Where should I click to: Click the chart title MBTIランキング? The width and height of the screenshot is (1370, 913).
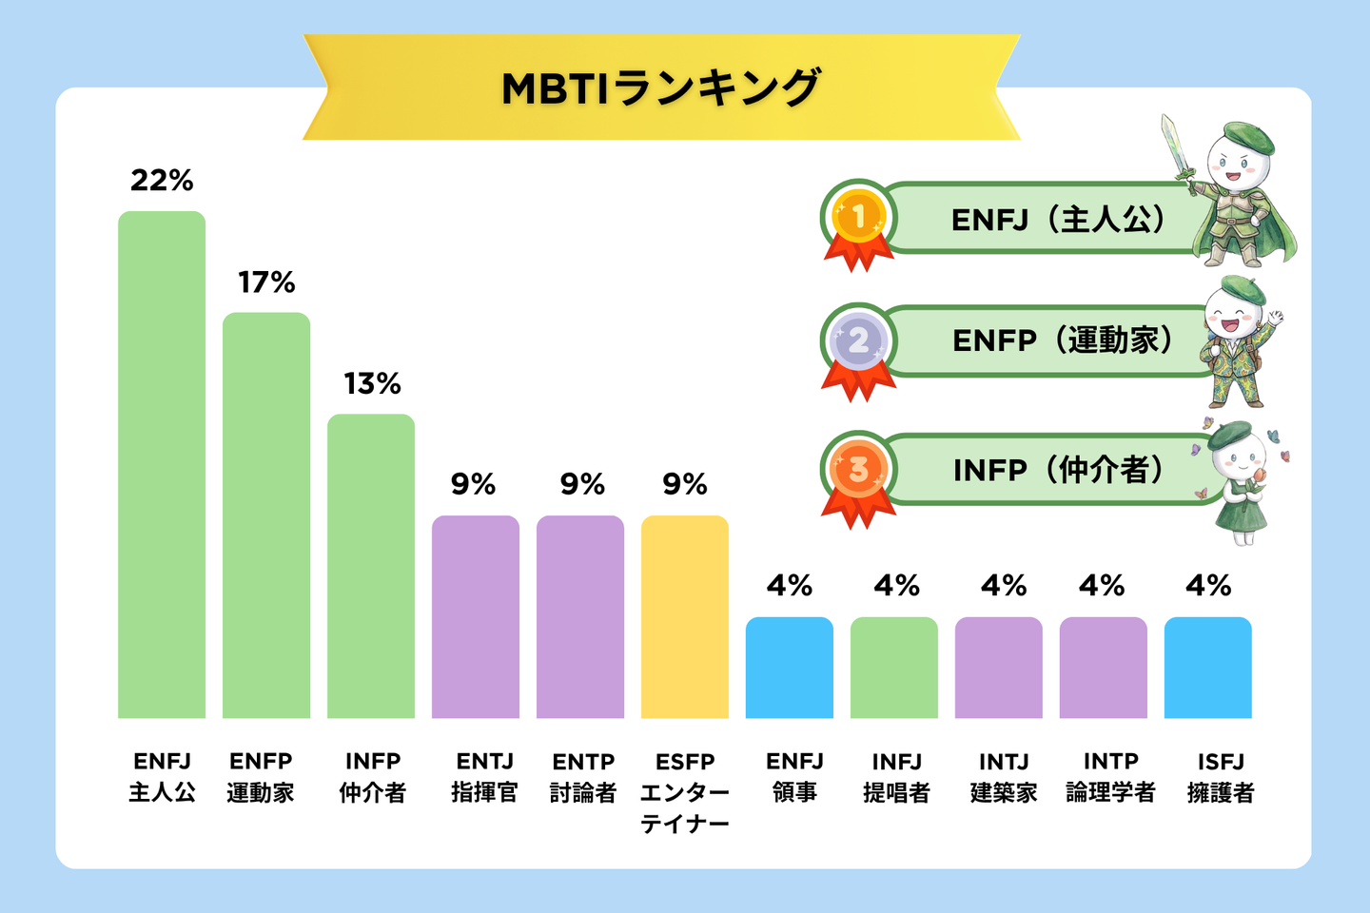pyautogui.click(x=660, y=88)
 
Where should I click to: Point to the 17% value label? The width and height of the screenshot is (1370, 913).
pyautogui.click(x=266, y=282)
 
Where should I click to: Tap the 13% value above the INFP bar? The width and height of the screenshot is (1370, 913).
pyautogui.click(x=372, y=384)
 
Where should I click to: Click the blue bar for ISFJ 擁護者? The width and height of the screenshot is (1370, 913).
pyautogui.click(x=1207, y=668)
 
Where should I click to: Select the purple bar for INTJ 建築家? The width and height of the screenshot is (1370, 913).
pyautogui.click(x=999, y=668)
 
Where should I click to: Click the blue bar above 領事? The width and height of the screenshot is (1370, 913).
pyautogui.click(x=790, y=668)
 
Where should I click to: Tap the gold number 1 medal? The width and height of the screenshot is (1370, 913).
pyautogui.click(x=858, y=217)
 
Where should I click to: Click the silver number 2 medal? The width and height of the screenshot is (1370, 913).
pyautogui.click(x=858, y=340)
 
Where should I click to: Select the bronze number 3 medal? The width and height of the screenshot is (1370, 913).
pyautogui.click(x=858, y=469)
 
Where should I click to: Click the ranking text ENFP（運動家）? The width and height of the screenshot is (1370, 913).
pyautogui.click(x=1062, y=340)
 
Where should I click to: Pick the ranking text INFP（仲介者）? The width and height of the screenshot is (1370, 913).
pyautogui.click(x=1058, y=470)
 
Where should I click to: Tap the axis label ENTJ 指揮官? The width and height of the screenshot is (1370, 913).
pyautogui.click(x=484, y=777)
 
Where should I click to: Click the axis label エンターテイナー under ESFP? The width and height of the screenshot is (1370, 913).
pyautogui.click(x=685, y=807)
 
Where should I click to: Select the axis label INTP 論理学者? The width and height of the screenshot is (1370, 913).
pyautogui.click(x=1110, y=777)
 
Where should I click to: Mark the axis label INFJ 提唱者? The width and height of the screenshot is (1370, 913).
pyautogui.click(x=896, y=777)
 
